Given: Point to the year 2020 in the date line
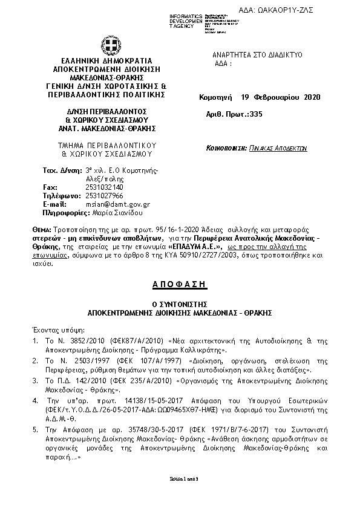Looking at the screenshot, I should (x=309, y=97).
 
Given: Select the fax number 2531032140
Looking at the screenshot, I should (x=103, y=187).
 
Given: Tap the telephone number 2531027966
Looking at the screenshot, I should (x=103, y=196).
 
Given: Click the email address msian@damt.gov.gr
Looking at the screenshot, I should (x=117, y=204).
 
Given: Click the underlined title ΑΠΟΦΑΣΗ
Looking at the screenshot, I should (x=179, y=284).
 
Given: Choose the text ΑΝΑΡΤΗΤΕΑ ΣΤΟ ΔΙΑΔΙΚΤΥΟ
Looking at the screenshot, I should (x=257, y=55).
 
